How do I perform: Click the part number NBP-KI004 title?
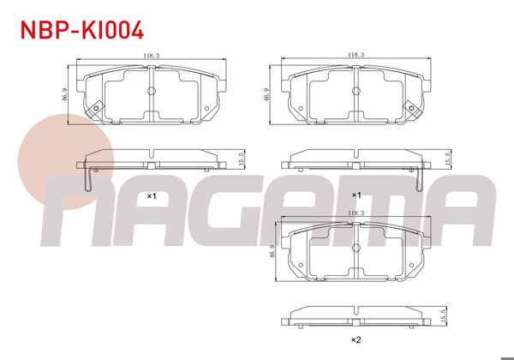82,30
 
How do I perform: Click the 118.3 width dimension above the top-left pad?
151,56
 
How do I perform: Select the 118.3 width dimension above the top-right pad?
356,55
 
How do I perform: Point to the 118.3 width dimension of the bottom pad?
356,213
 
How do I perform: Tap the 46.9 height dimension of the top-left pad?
65,94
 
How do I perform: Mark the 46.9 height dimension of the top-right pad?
266,94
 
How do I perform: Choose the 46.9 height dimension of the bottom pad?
272,251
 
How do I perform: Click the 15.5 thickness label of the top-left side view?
242,159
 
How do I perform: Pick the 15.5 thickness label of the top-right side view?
448,159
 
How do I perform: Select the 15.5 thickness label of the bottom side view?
444,315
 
